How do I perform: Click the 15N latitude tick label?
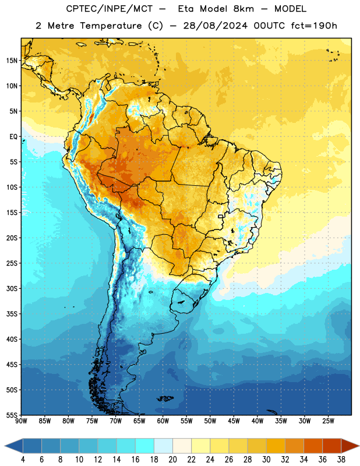[x=12, y=61]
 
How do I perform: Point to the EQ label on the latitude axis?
[x=13, y=137]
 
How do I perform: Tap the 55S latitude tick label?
[x=12, y=415]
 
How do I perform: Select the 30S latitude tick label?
[x=12, y=288]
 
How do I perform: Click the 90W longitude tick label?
[x=21, y=421]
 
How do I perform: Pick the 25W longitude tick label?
[x=328, y=421]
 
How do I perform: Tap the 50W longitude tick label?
[x=210, y=421]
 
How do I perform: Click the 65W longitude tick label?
[x=139, y=421]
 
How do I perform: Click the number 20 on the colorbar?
[x=172, y=460]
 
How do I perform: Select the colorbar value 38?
[x=341, y=460]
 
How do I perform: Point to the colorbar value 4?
[x=23, y=460]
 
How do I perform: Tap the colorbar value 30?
[x=266, y=460]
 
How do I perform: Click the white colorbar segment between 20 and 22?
[x=182, y=446]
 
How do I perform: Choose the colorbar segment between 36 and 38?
[x=332, y=446]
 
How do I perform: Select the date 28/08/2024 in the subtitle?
[x=215, y=26]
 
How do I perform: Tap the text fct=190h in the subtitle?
[x=314, y=26]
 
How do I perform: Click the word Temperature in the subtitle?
[x=111, y=26]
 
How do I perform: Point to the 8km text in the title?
[x=243, y=9]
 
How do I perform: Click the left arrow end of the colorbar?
[x=6, y=446]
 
